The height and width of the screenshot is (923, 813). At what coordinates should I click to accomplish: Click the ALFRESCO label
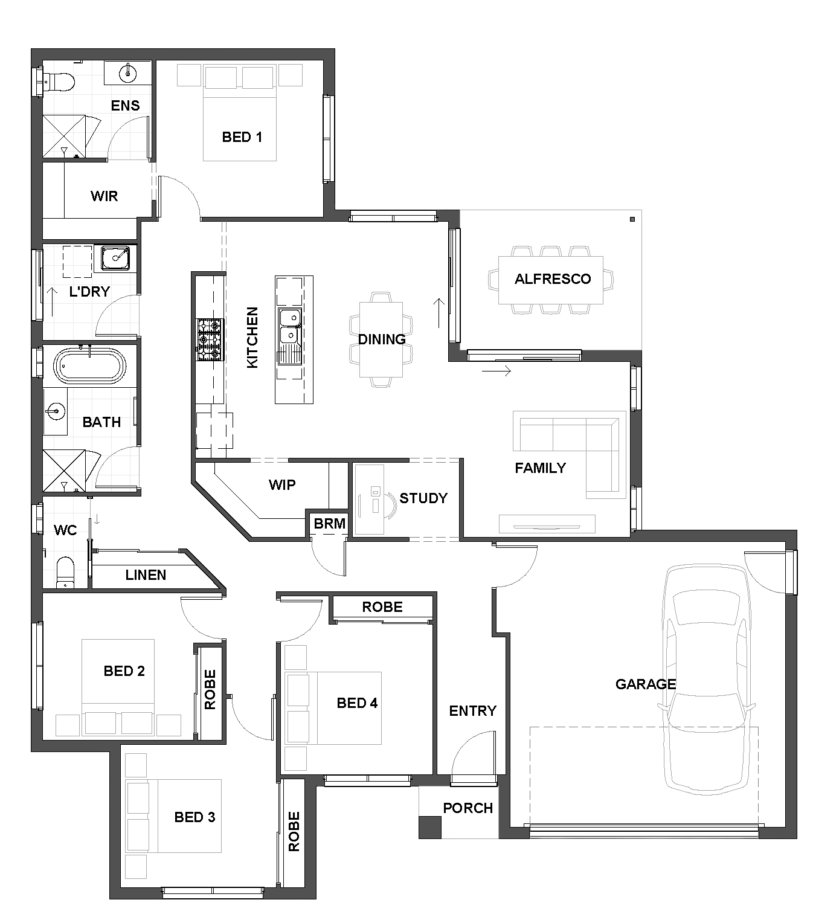553,279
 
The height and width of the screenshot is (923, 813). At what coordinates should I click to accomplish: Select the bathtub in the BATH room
90,366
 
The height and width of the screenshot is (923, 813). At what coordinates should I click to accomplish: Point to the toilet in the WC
65,572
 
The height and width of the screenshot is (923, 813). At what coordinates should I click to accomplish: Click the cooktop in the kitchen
210,340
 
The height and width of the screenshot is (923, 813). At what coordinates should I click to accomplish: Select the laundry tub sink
115,259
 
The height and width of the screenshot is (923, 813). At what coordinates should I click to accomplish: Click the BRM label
329,524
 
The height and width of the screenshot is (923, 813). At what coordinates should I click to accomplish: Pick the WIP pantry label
282,484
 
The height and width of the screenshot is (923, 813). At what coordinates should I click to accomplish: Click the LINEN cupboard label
146,575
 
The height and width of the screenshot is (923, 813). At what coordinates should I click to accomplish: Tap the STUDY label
423,498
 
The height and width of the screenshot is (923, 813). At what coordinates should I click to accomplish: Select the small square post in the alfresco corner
632,219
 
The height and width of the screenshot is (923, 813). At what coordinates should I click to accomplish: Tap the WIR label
104,196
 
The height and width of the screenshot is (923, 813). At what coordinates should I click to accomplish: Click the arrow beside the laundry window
53,301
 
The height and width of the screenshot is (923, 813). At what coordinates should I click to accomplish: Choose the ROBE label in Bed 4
382,607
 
